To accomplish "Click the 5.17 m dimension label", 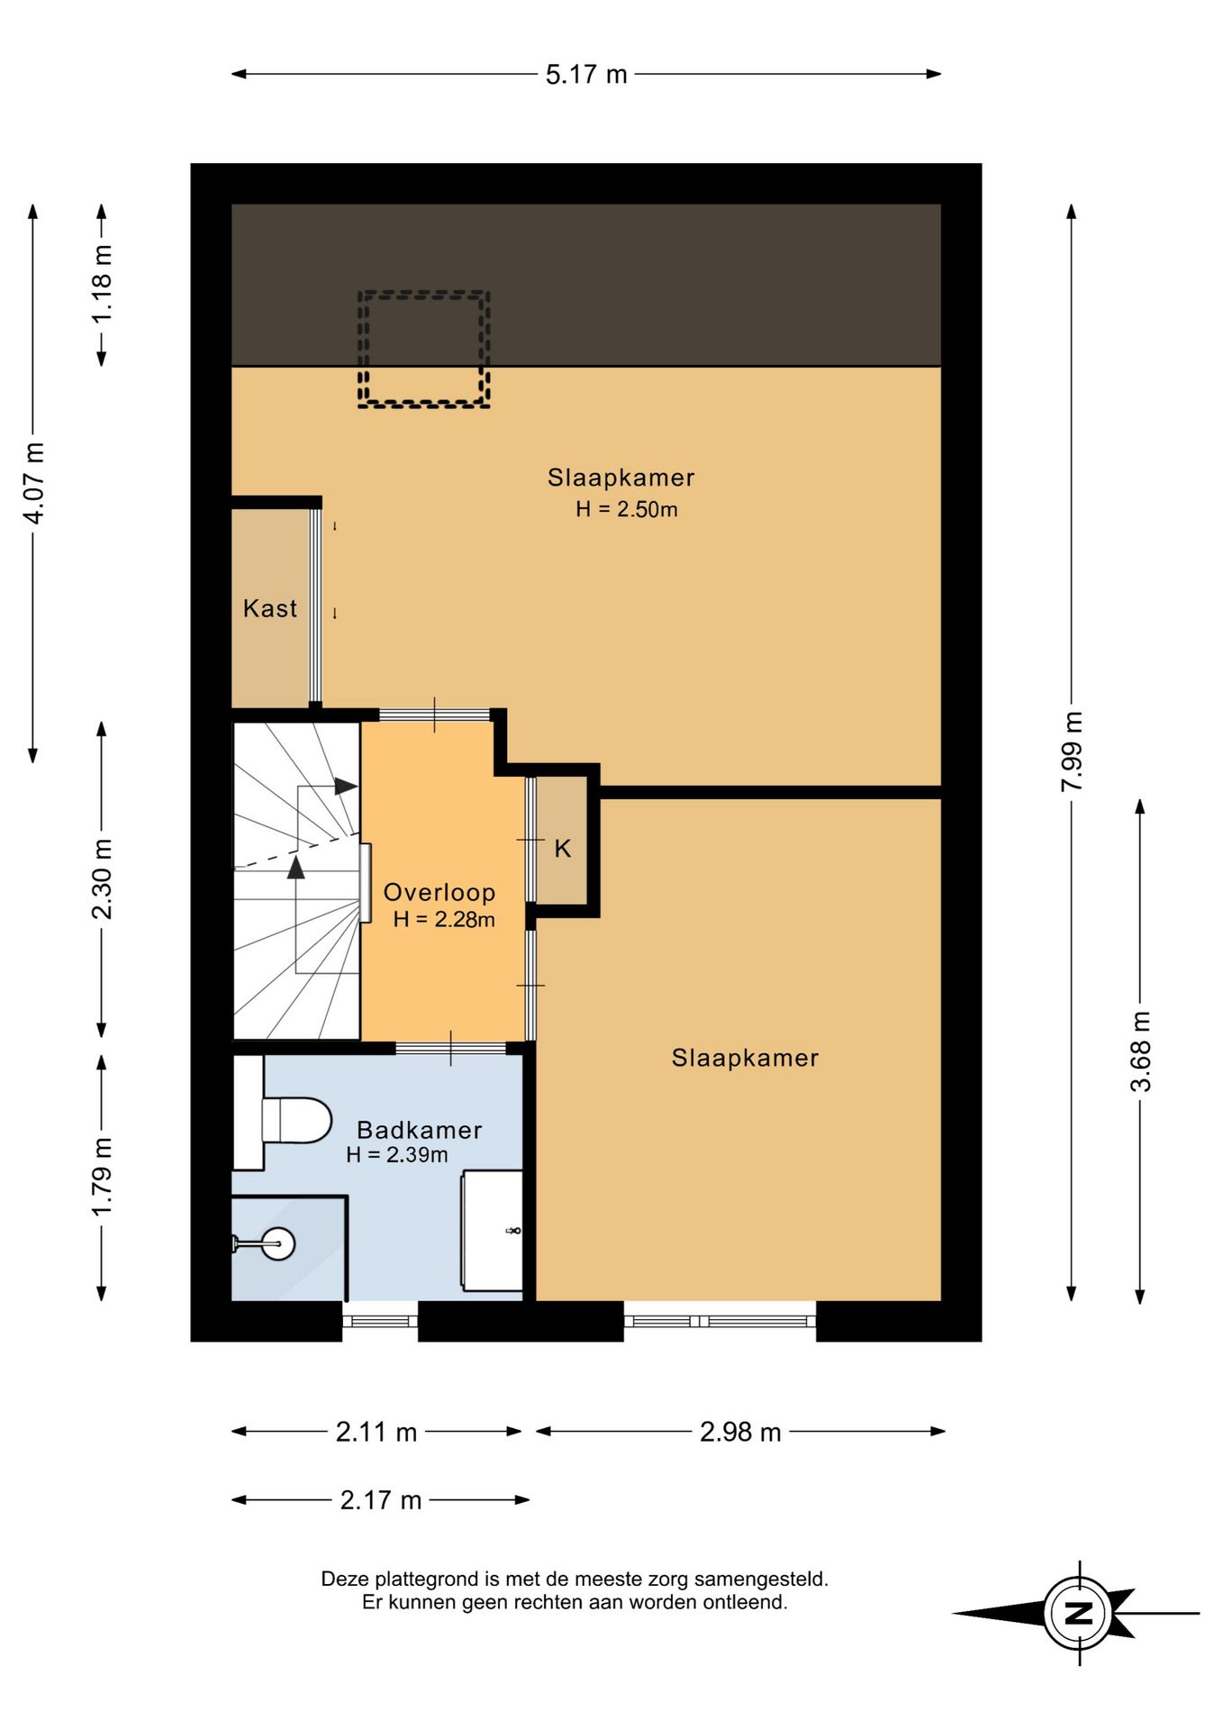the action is pyautogui.click(x=586, y=74).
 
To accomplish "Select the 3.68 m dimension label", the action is pyautogui.click(x=1140, y=1052).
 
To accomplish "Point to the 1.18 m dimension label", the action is pyautogui.click(x=102, y=283).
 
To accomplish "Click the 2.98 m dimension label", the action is pyautogui.click(x=740, y=1432).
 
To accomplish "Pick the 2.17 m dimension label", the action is pyautogui.click(x=381, y=1500).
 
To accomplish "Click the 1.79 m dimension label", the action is pyautogui.click(x=102, y=1176).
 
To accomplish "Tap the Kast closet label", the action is pyautogui.click(x=270, y=608).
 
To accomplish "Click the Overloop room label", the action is pyautogui.click(x=439, y=892).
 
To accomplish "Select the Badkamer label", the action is pyautogui.click(x=420, y=1130).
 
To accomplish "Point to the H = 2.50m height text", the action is pyautogui.click(x=627, y=509).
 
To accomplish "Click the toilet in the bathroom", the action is pyautogui.click(x=295, y=1120).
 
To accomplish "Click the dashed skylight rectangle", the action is pyautogui.click(x=423, y=350).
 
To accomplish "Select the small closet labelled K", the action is pyautogui.click(x=561, y=840).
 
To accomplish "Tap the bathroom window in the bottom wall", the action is pyautogui.click(x=380, y=1322).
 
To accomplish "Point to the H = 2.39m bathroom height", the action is pyautogui.click(x=397, y=1154).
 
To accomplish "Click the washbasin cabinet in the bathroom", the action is pyautogui.click(x=492, y=1230).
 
